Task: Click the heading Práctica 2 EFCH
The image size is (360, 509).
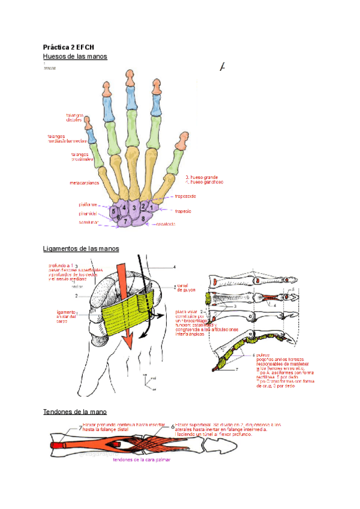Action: (69, 47)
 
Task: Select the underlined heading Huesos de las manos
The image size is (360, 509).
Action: (75, 56)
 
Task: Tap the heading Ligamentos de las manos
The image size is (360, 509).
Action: (81, 248)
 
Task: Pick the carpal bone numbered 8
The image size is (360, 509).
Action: (143, 218)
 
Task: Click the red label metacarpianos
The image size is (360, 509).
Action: (85, 182)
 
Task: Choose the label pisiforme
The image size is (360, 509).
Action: (88, 204)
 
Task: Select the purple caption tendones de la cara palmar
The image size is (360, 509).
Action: (142, 460)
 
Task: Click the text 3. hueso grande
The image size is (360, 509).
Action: (202, 177)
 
